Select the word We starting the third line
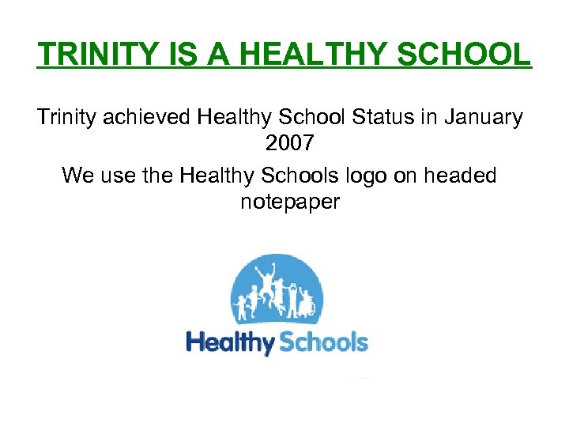pos(77,175)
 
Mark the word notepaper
pos(290,202)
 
